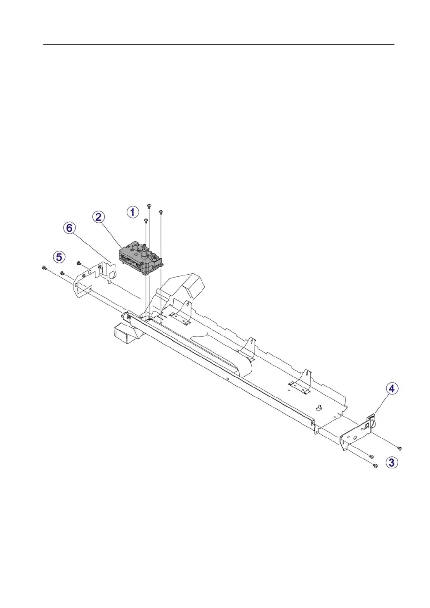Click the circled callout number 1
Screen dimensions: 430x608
pyautogui.click(x=132, y=213)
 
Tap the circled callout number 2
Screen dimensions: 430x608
pyautogui.click(x=99, y=217)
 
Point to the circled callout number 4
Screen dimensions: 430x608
pyautogui.click(x=392, y=388)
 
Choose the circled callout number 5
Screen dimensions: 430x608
pyautogui.click(x=59, y=256)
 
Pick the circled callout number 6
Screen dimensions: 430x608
pyautogui.click(x=69, y=228)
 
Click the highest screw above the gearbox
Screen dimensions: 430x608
pyautogui.click(x=149, y=205)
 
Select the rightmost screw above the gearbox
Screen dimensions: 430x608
pyautogui.click(x=161, y=212)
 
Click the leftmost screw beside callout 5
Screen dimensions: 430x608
pyautogui.click(x=44, y=268)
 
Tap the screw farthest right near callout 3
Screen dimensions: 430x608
pyautogui.click(x=399, y=448)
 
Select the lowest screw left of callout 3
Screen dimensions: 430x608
pyautogui.click(x=375, y=466)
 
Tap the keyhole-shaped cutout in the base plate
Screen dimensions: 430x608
pyautogui.click(x=318, y=408)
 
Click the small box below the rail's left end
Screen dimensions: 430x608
pyautogui.click(x=123, y=333)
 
